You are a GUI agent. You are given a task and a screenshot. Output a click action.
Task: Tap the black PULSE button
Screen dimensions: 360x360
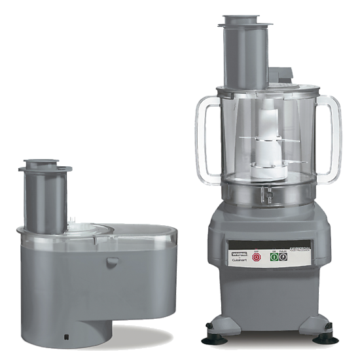coord(283,257)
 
